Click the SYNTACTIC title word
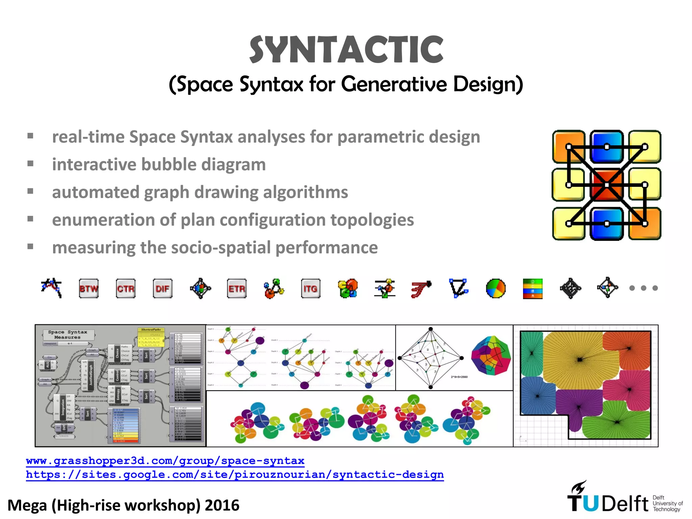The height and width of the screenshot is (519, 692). pos(346,50)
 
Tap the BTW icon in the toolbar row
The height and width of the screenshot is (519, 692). pos(89,289)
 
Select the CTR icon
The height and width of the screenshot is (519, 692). pos(126,289)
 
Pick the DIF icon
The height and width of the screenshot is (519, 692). pos(163,289)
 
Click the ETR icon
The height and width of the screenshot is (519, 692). pos(237,289)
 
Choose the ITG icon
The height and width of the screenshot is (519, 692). pos(311,289)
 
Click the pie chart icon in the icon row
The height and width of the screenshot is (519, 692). pos(496,289)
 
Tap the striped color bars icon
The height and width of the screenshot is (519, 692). pos(533,289)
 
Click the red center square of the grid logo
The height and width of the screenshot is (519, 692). pos(607,185)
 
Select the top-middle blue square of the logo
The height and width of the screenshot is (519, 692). pos(607,147)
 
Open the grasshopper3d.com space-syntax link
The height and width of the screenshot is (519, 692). pos(165,461)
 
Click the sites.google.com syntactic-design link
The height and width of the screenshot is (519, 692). pos(235,475)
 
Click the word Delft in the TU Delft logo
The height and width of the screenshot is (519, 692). pos(625,504)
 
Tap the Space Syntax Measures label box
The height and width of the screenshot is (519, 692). pos(68,335)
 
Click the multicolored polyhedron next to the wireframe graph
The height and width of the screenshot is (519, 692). pos(491,355)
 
